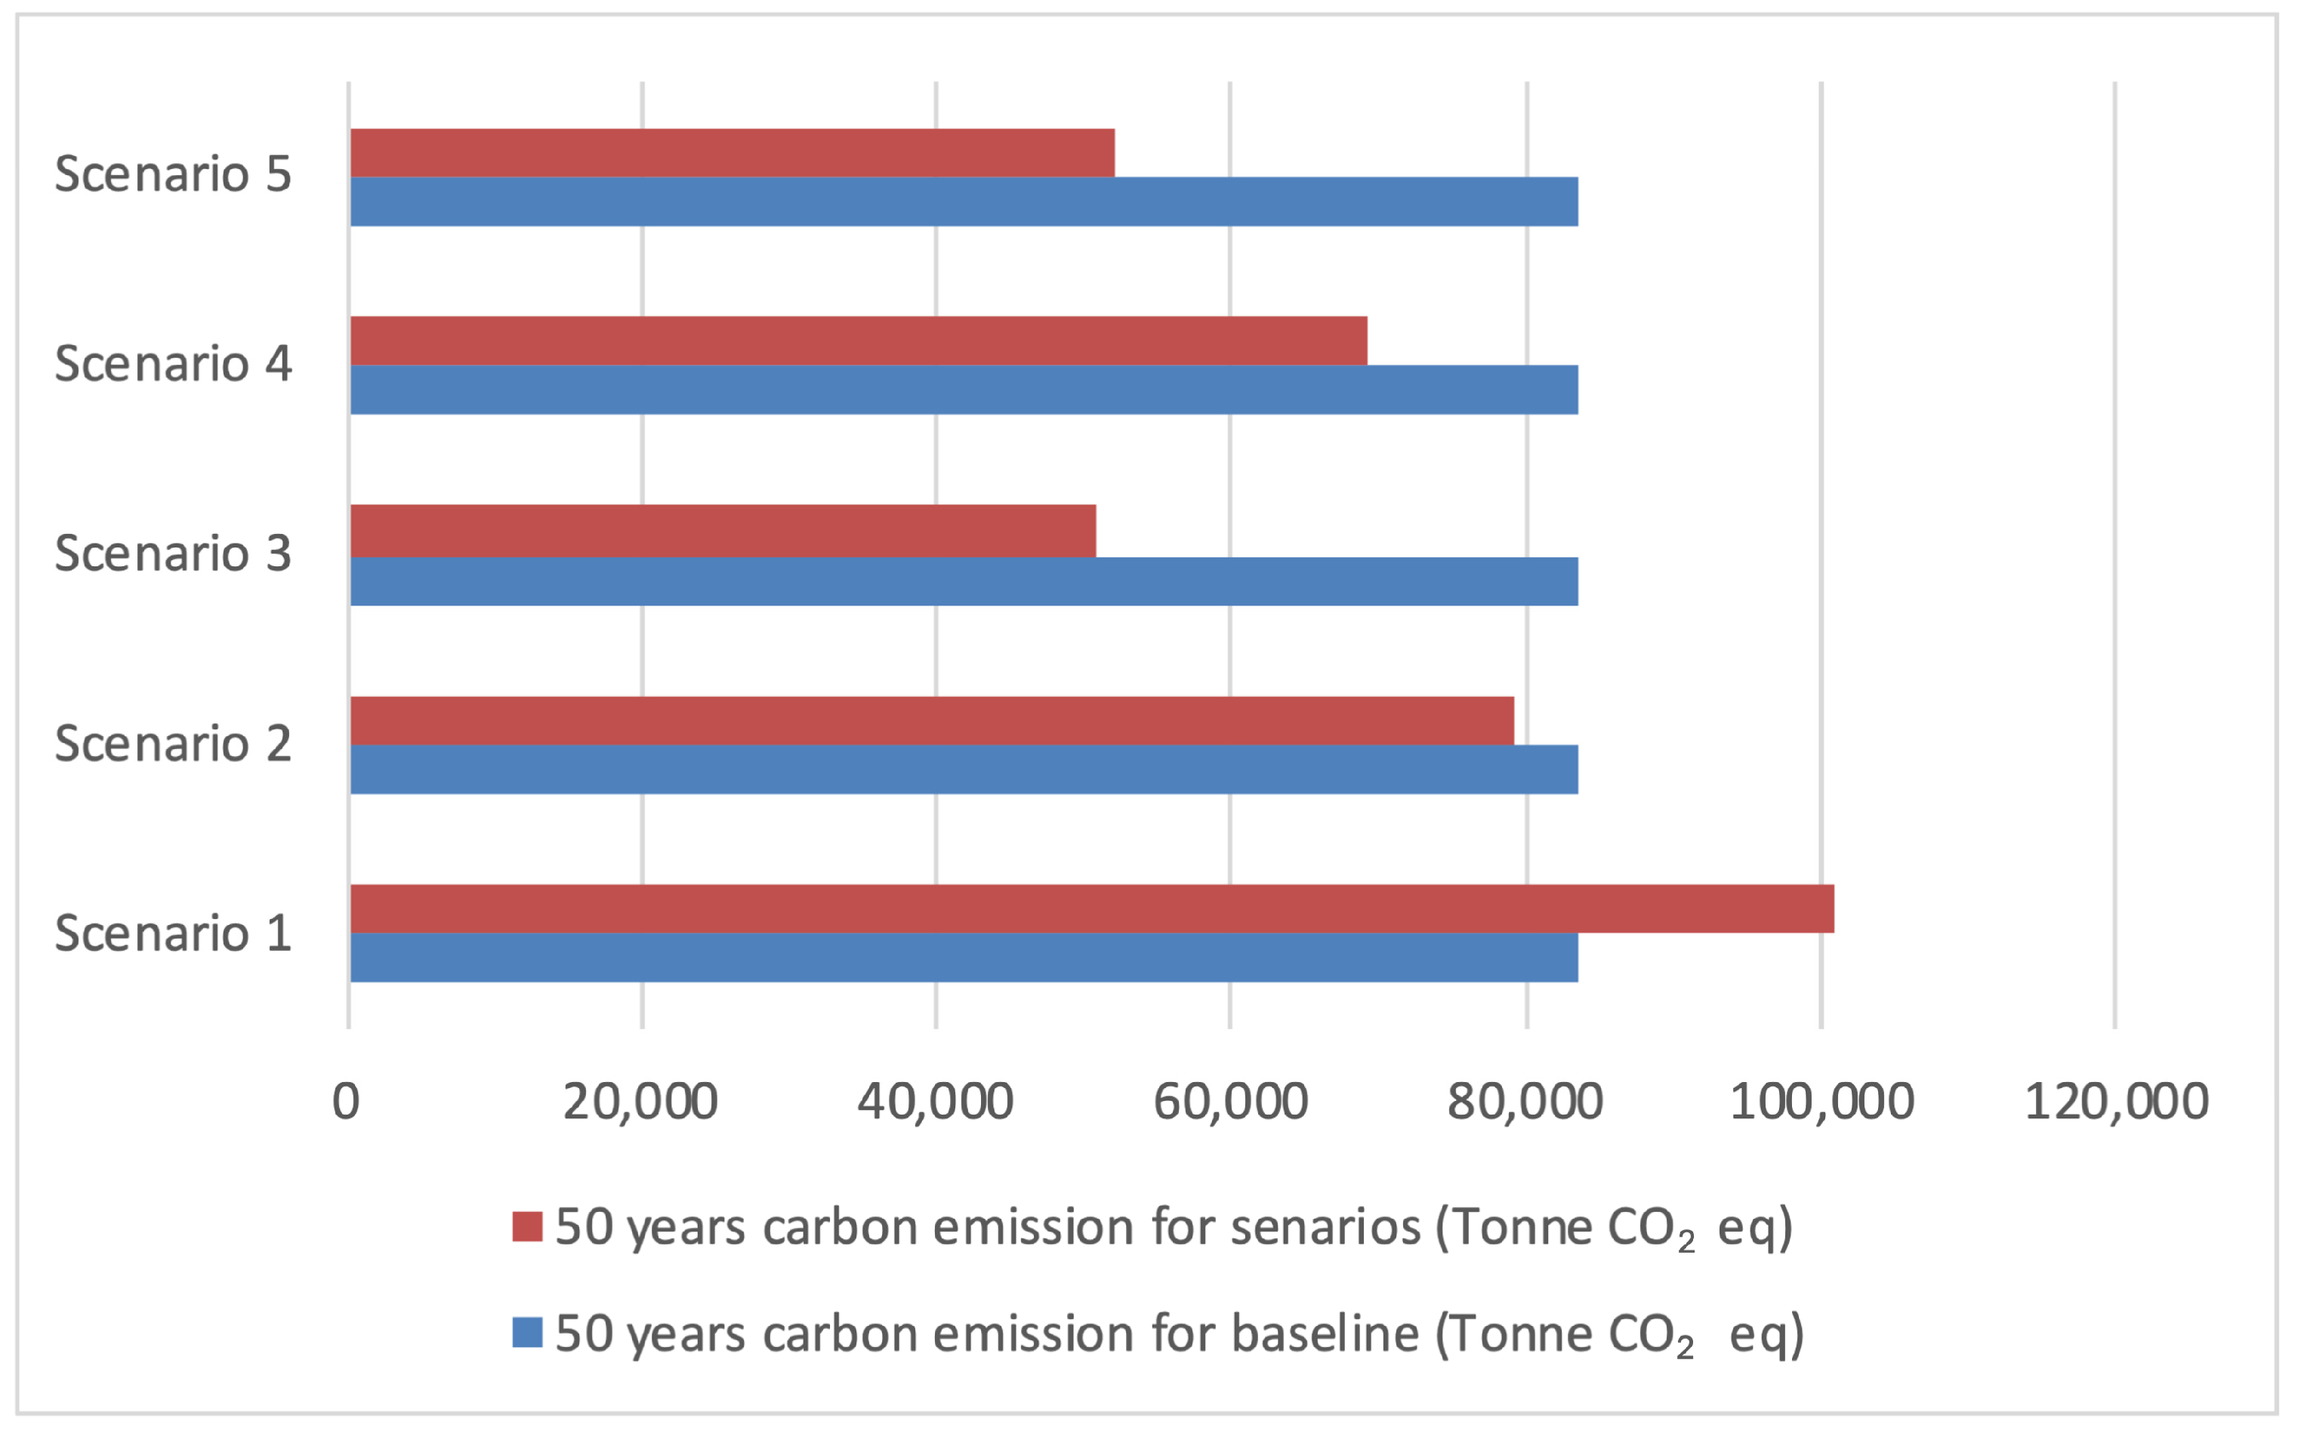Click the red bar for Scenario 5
732,153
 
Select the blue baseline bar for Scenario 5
964,202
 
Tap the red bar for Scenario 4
858,341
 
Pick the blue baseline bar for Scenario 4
964,390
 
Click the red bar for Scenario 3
723,530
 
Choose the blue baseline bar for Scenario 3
964,581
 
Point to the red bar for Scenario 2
931,720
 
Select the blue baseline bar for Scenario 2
964,769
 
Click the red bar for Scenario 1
1092,908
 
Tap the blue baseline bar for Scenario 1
964,957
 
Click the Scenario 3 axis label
173,554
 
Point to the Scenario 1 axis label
173,933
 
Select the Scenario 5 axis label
173,174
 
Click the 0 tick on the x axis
346,1102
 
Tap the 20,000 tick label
640,1102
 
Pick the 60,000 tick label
1230,1102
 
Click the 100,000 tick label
1821,1102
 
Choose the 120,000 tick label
2116,1102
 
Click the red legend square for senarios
526,1226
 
